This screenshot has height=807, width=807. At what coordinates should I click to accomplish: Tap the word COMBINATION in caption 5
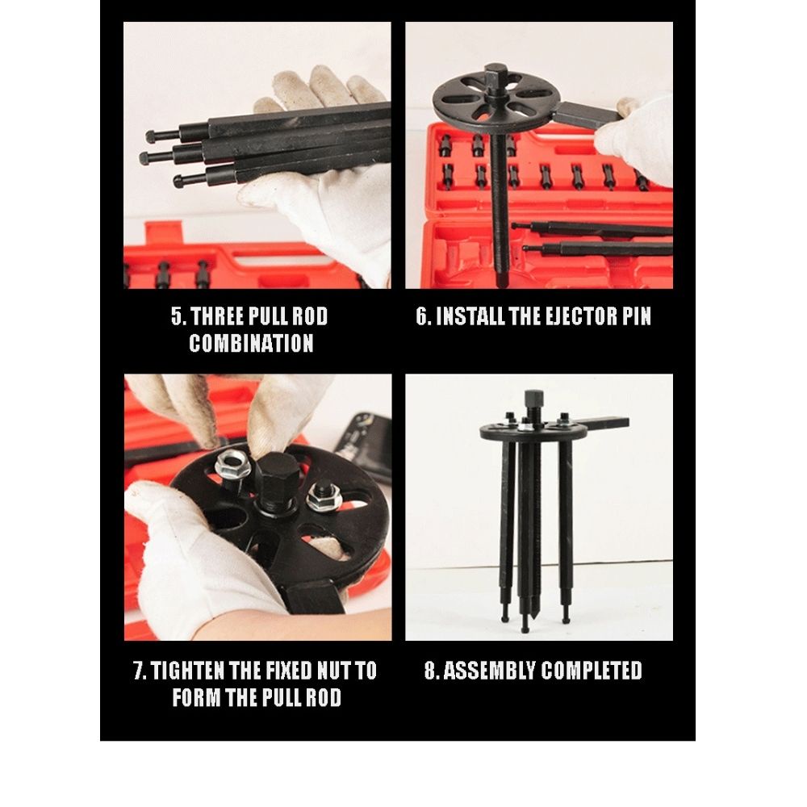[251, 343]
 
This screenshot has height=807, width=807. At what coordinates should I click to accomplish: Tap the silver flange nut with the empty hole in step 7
[232, 464]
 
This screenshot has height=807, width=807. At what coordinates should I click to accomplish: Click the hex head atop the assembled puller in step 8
[533, 400]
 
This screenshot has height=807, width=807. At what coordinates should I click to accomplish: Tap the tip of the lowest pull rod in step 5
[179, 181]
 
